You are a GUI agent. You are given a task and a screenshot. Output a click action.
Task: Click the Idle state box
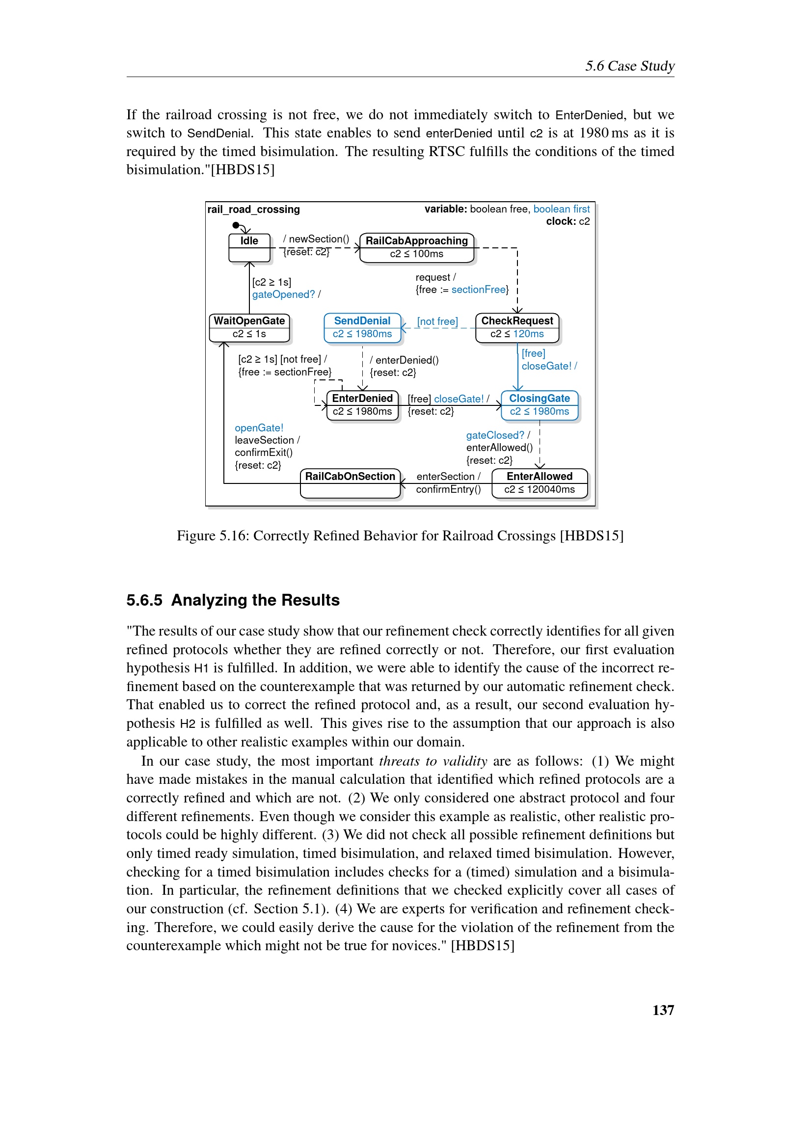point(249,247)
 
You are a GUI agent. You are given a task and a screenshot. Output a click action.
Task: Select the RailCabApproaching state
point(416,247)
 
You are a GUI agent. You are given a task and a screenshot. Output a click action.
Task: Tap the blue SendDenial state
point(362,327)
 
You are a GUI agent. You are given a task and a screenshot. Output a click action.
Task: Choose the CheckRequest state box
point(517,327)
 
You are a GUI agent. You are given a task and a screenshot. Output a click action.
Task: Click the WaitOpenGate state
point(249,327)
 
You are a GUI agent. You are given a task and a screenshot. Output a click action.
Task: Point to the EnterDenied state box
point(362,405)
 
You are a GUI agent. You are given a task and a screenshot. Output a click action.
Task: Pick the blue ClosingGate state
point(539,405)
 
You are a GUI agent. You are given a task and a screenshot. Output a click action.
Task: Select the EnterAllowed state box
point(539,483)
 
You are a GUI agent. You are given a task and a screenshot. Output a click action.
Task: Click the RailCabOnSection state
point(350,483)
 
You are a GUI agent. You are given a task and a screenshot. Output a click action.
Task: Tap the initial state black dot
point(236,225)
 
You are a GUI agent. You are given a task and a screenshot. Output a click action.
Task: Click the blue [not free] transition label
point(437,321)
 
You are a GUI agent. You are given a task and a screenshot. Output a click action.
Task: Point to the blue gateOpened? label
point(283,294)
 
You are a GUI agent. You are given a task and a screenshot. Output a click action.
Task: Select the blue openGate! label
point(259,428)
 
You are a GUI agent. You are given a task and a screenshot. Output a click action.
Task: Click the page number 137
point(663,1010)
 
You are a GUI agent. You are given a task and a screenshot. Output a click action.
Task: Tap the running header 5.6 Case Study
point(629,66)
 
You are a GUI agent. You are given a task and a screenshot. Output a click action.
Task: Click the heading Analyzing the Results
point(255,600)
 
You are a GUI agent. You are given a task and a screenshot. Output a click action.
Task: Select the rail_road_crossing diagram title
point(253,210)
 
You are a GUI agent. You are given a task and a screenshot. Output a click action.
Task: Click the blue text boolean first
point(561,209)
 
